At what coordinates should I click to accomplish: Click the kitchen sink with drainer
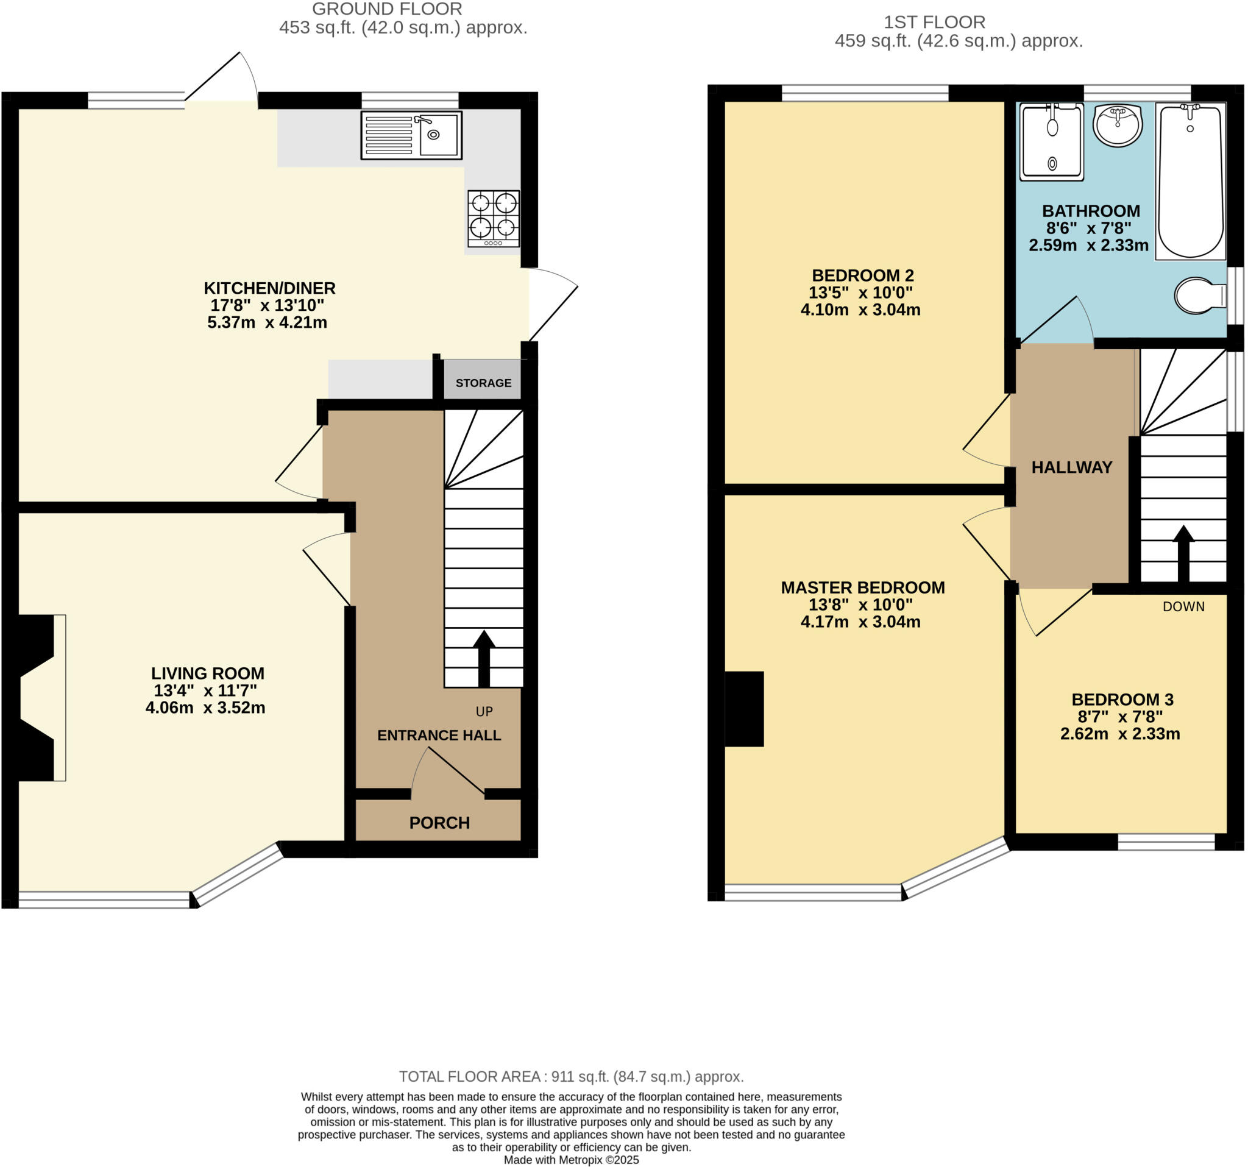click(x=411, y=135)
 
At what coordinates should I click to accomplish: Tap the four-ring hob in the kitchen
click(x=494, y=218)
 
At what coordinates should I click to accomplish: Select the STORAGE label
click(x=483, y=383)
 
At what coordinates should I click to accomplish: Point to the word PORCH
click(x=439, y=823)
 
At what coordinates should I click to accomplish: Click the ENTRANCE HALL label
click(x=439, y=735)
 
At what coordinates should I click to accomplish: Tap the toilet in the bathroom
click(x=1199, y=296)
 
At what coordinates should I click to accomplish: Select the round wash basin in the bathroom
click(x=1118, y=125)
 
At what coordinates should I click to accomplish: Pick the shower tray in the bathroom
click(x=1052, y=141)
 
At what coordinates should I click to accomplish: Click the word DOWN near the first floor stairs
click(x=1183, y=606)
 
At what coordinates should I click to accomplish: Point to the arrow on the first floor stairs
click(x=1183, y=553)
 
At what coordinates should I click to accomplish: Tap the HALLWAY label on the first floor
click(x=1072, y=467)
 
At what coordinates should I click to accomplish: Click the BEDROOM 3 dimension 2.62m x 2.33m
click(x=1120, y=733)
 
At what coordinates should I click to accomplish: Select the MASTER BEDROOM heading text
click(x=862, y=587)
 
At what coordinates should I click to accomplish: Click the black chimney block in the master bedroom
click(x=745, y=709)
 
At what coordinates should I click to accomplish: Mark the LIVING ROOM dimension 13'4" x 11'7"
click(x=205, y=690)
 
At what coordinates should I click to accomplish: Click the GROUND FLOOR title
click(x=387, y=9)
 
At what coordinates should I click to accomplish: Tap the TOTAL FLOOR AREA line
click(x=570, y=1077)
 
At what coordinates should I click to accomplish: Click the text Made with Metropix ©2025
click(x=570, y=1160)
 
